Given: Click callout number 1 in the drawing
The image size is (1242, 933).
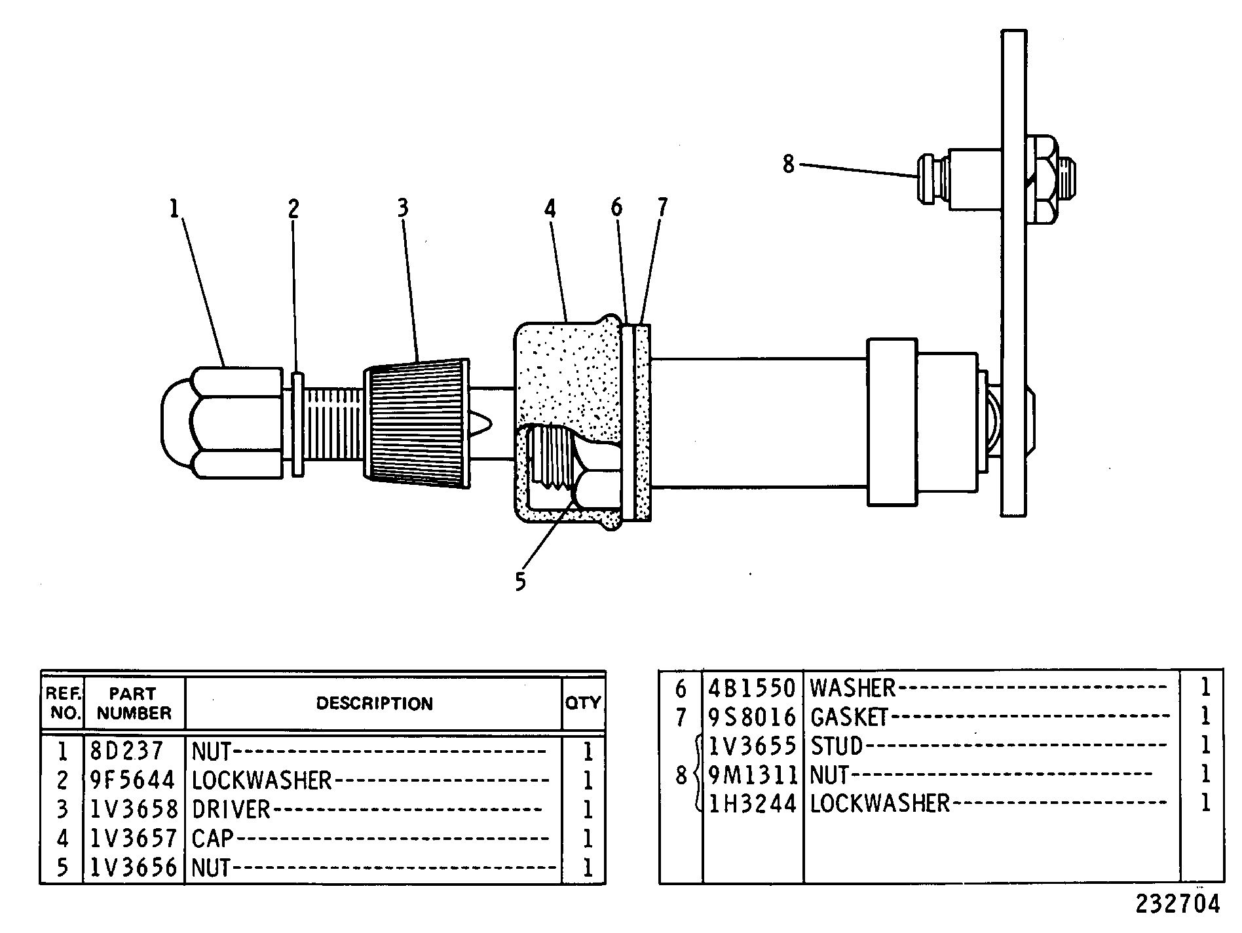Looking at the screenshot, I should click(x=174, y=210).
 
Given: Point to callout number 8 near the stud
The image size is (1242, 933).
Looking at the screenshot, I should click(x=789, y=164).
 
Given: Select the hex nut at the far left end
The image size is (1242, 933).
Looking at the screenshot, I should click(x=223, y=422).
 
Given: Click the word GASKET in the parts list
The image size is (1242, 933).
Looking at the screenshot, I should click(x=849, y=717).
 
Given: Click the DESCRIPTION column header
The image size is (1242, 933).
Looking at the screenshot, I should click(x=374, y=704).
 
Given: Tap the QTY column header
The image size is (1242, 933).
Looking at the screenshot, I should click(x=583, y=703).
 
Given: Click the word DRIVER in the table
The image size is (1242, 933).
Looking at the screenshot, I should click(x=231, y=809).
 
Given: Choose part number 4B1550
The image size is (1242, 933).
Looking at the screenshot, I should click(x=752, y=688).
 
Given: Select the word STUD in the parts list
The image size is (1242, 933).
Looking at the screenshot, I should click(x=837, y=746).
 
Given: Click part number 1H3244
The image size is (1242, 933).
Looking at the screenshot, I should click(x=752, y=803).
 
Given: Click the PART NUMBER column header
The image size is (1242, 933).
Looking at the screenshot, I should click(x=134, y=703).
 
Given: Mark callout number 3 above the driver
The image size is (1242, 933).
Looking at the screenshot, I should click(x=403, y=208).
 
